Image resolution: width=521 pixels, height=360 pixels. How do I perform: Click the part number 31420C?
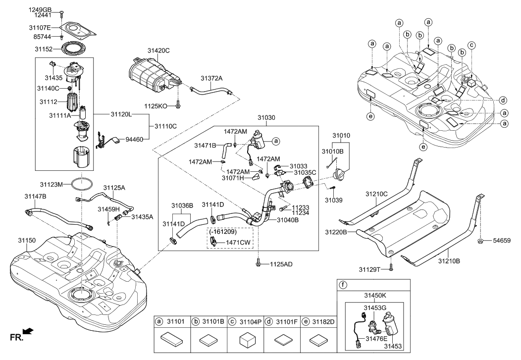pos(158,51)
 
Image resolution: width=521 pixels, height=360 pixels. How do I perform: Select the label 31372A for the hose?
pos(211,78)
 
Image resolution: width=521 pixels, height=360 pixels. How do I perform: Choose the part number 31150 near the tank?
pos(28,240)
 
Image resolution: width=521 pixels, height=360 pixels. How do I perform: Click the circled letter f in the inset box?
pos(343,285)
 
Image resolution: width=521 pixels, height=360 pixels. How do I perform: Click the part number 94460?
pos(133,140)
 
